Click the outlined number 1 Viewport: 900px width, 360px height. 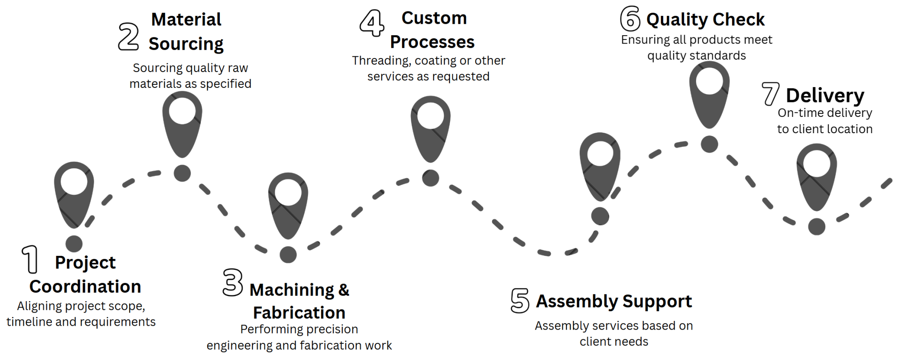30,259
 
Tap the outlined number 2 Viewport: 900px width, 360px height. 128,36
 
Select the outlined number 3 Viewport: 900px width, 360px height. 232,282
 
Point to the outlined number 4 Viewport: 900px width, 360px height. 372,23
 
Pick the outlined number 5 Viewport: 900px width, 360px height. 520,300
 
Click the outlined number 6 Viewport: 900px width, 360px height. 630,18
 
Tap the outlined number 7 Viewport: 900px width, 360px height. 770,94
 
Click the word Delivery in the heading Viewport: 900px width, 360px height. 825,95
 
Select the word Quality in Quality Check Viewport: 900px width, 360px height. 677,20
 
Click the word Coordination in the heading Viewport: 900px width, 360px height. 85,287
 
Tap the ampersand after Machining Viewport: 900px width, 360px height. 344,290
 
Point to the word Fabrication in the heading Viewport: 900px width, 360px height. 299,313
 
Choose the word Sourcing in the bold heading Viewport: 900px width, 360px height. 186,44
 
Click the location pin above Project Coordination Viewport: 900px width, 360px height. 74,193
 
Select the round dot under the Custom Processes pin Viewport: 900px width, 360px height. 431,178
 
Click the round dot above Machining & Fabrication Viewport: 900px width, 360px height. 288,255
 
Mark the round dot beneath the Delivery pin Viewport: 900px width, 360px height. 817,227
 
